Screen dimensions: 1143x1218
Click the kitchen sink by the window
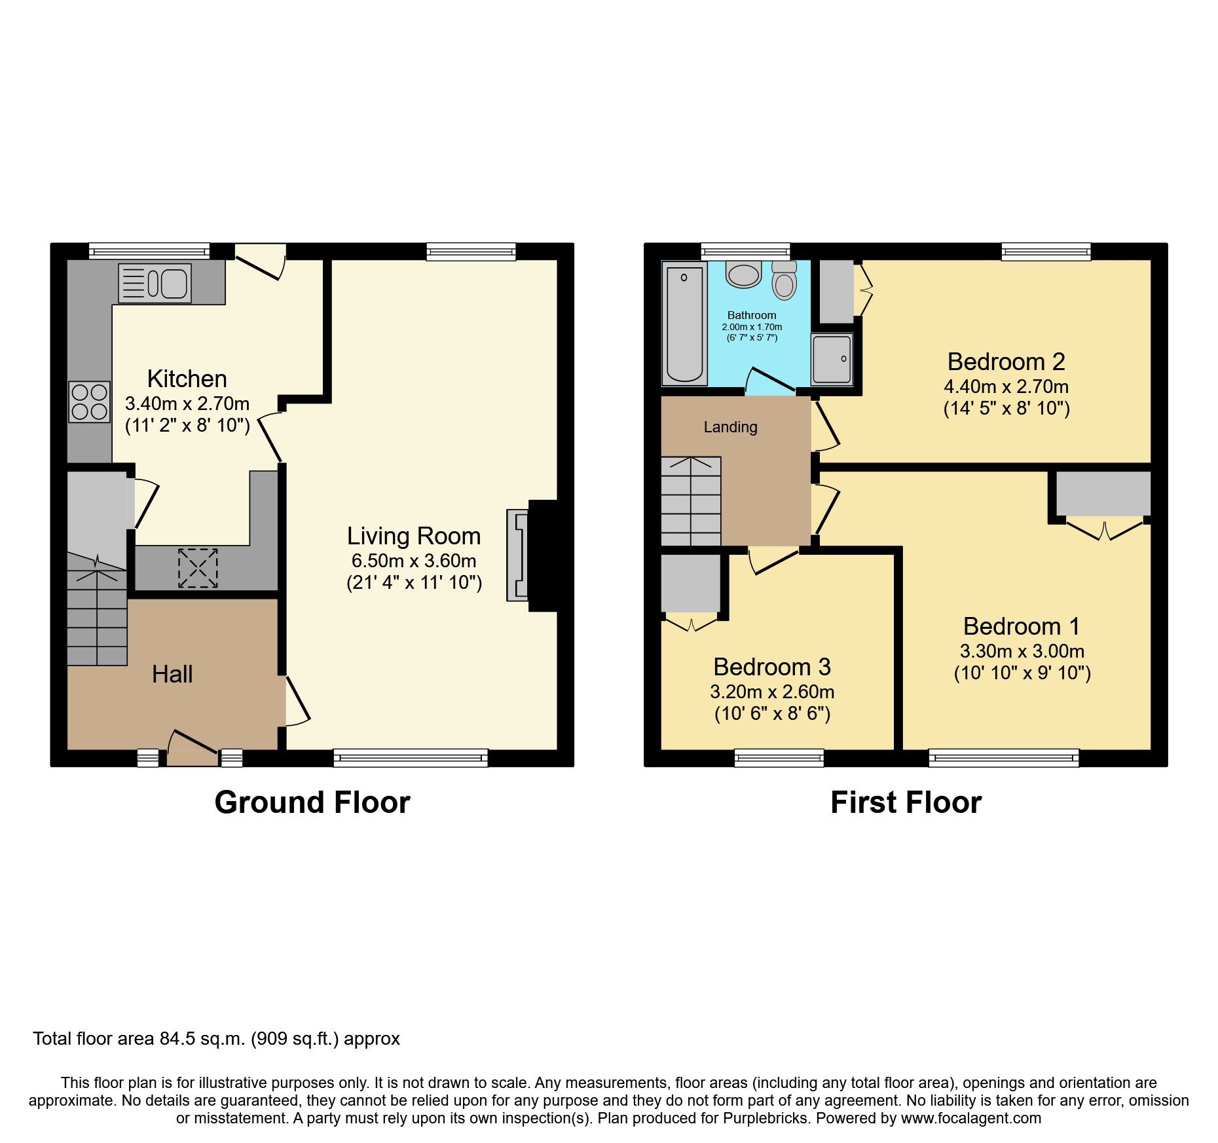tap(155, 284)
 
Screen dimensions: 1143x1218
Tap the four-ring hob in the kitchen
tap(90, 402)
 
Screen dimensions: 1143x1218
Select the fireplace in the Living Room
tap(518, 555)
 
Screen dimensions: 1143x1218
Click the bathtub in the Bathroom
tap(684, 324)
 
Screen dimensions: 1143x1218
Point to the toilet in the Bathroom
tap(784, 281)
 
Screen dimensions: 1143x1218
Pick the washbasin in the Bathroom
tap(744, 274)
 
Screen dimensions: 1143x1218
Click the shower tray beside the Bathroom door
tap(832, 359)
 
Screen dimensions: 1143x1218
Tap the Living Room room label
tap(414, 536)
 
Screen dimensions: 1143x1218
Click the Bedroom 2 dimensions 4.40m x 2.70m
tap(1006, 386)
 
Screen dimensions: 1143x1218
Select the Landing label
tap(730, 427)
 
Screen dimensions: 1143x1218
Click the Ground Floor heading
tap(312, 802)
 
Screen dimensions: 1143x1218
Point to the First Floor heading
tap(906, 802)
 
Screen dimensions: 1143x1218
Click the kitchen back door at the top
tap(260, 261)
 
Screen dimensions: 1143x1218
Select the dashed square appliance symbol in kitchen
tap(198, 568)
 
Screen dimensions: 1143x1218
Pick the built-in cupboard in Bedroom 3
tap(690, 583)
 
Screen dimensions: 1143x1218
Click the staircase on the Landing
tap(691, 502)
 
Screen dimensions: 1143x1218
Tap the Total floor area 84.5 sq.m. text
tap(216, 1039)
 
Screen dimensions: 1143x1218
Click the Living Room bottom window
tap(411, 758)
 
